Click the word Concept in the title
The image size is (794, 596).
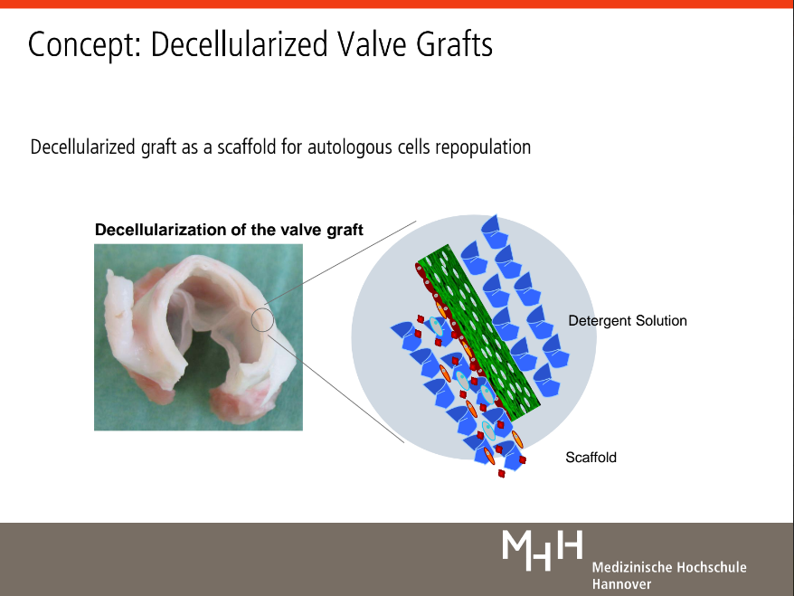click(84, 44)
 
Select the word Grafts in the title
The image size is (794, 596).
click(454, 43)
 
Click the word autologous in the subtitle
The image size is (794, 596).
click(349, 147)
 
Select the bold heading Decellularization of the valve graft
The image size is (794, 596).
click(229, 230)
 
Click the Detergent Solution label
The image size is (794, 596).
click(628, 320)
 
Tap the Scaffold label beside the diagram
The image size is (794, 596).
click(591, 458)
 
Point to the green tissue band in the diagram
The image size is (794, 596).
click(478, 333)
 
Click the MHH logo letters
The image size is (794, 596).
click(543, 550)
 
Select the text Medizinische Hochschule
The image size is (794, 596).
click(669, 567)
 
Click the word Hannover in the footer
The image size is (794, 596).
click(622, 584)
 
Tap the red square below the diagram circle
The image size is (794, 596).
click(501, 474)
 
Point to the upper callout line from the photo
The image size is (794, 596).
click(340, 263)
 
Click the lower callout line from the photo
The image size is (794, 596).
click(336, 388)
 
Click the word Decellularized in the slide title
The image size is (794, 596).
click(239, 43)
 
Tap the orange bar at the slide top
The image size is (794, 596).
click(397, 4)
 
